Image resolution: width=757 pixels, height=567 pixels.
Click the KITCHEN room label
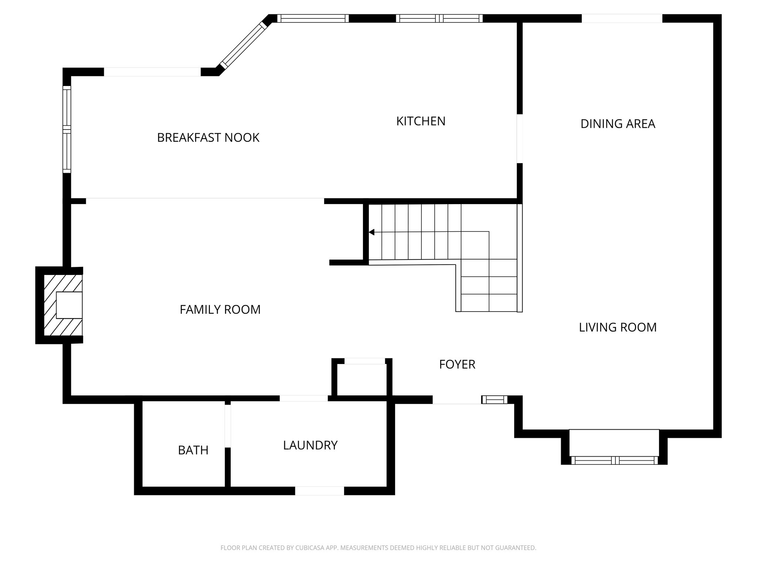tap(421, 121)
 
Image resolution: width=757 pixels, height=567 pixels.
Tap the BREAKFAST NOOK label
tap(208, 138)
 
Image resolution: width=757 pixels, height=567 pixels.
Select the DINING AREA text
tap(618, 124)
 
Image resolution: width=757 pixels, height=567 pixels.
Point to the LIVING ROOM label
tap(618, 327)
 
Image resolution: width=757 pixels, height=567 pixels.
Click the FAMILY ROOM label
tap(220, 309)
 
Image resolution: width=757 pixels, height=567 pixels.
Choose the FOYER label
tap(457, 364)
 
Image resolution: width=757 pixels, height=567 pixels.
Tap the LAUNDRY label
tap(310, 445)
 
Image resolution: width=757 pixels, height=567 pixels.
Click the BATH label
tap(193, 450)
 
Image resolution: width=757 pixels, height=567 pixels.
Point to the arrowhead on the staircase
tap(372, 232)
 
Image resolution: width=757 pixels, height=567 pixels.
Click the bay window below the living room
tap(614, 460)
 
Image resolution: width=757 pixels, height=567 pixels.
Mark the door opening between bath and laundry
tap(228, 426)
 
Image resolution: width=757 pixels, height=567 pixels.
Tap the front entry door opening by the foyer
tap(457, 399)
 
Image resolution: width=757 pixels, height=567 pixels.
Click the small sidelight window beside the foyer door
tap(495, 399)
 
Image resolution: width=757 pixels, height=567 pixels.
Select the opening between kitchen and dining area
tap(520, 138)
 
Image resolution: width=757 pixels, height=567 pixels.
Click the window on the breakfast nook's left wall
tap(67, 129)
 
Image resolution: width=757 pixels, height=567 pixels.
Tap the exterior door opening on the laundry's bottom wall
tap(319, 491)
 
